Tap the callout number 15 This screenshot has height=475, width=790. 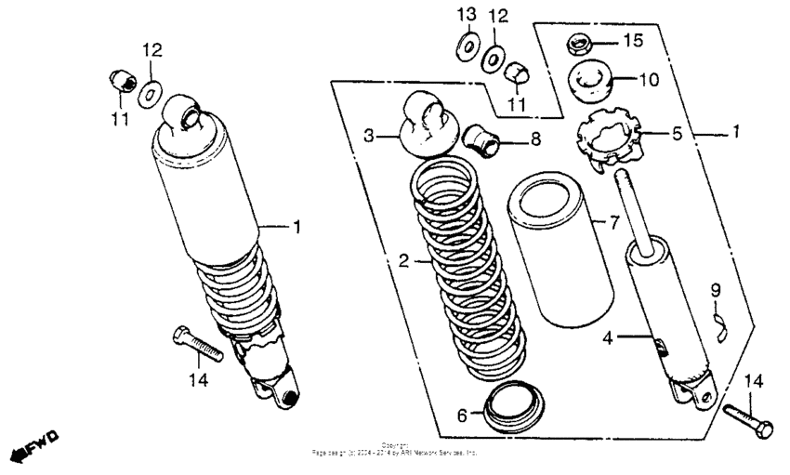click(633, 40)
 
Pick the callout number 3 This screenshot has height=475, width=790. click(369, 136)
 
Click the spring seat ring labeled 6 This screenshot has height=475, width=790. click(512, 407)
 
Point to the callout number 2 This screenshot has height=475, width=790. click(403, 262)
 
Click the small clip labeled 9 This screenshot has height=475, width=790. click(717, 323)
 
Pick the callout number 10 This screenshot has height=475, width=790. click(648, 80)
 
